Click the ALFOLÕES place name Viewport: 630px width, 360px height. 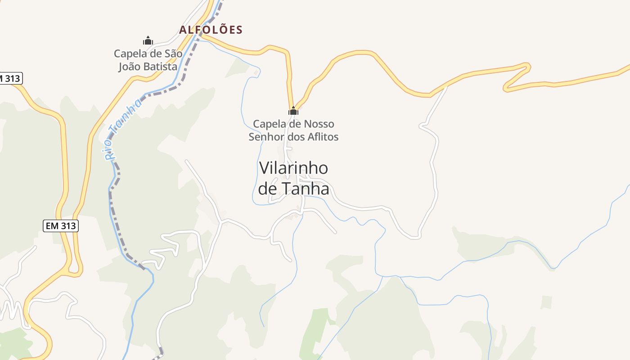211,30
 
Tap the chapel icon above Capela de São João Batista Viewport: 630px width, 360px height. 148,40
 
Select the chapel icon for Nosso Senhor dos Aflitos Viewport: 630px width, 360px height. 293,111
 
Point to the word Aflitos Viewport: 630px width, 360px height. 322,136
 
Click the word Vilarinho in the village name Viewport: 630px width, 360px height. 293,168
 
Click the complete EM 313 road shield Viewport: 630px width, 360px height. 61,226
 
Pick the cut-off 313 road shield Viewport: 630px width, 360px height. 10,78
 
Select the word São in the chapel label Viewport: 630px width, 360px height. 173,54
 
